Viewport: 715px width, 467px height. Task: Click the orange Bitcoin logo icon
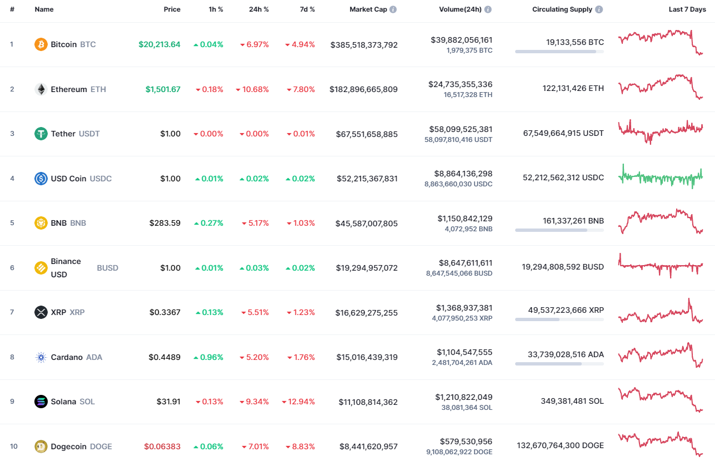pyautogui.click(x=41, y=44)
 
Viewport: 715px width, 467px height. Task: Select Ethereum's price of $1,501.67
pyautogui.click(x=163, y=89)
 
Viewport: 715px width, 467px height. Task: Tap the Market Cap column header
pyautogui.click(x=368, y=9)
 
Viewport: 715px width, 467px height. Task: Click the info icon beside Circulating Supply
pyautogui.click(x=598, y=9)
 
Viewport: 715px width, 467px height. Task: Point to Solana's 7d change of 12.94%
pyautogui.click(x=298, y=402)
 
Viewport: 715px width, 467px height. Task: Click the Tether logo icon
pyautogui.click(x=41, y=134)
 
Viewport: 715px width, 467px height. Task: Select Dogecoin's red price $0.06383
pyautogui.click(x=162, y=446)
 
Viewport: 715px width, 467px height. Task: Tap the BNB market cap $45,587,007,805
pyautogui.click(x=366, y=223)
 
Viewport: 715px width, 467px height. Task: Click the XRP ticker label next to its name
pyautogui.click(x=77, y=312)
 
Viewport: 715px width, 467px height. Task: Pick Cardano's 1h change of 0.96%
pyautogui.click(x=208, y=357)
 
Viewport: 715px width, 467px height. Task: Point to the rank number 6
pyautogui.click(x=12, y=268)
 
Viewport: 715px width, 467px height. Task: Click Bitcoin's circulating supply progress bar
pyautogui.click(x=559, y=52)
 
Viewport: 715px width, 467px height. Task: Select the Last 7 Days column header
pyautogui.click(x=687, y=9)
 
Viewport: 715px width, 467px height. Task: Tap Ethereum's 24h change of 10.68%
pyautogui.click(x=252, y=89)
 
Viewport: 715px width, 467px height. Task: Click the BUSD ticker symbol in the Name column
pyautogui.click(x=108, y=268)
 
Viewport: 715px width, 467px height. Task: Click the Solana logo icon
pyautogui.click(x=41, y=402)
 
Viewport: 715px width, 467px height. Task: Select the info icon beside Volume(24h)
pyautogui.click(x=488, y=9)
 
